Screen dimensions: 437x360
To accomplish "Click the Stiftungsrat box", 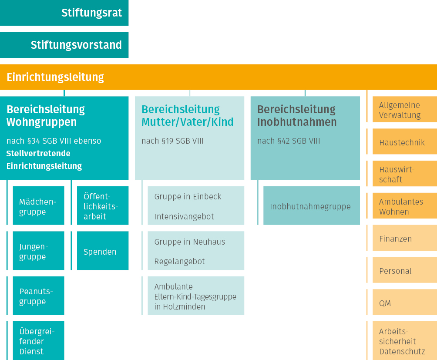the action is (64, 13).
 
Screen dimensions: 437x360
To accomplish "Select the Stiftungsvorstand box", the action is (64, 45).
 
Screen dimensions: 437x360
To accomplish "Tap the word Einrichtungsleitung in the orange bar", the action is (55, 77).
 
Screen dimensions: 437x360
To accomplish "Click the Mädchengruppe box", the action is (38, 205).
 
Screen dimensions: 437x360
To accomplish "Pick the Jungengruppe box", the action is (38, 250).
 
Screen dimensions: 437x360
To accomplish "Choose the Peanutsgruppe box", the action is (38, 296).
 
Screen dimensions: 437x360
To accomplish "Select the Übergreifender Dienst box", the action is (38, 340).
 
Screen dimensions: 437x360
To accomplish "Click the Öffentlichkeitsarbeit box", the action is (103, 205).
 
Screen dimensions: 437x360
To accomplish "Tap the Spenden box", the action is (103, 250).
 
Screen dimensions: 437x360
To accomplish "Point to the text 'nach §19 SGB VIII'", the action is (172, 141).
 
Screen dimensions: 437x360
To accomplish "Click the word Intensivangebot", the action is (184, 216).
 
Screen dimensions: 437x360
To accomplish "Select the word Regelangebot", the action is (179, 261).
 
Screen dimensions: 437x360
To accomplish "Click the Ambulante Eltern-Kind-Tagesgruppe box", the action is (196, 296).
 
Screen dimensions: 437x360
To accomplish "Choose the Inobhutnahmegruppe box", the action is (312, 205).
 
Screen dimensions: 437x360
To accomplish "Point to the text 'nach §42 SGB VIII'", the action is (289, 141).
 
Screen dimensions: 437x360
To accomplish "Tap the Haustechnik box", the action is (405, 141).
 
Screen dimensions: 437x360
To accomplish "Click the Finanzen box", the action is (405, 238).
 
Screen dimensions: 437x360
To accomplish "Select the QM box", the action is (405, 302).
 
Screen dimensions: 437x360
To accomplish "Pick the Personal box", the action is (405, 270).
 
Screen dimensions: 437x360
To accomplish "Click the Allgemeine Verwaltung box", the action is (405, 109).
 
